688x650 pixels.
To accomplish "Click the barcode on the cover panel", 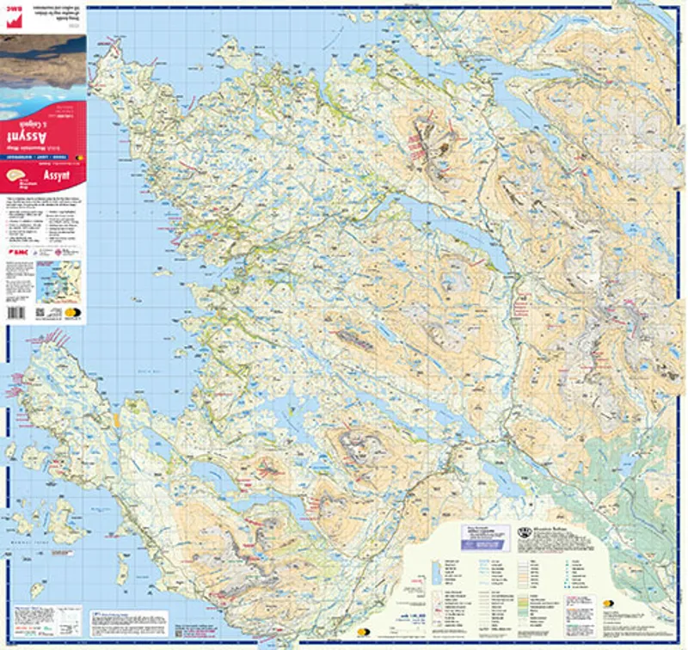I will [x=20, y=314].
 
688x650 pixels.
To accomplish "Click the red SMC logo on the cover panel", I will [x=17, y=253].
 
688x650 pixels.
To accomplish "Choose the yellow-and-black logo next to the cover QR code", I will [x=71, y=314].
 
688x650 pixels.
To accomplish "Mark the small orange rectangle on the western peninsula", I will [x=114, y=420].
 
